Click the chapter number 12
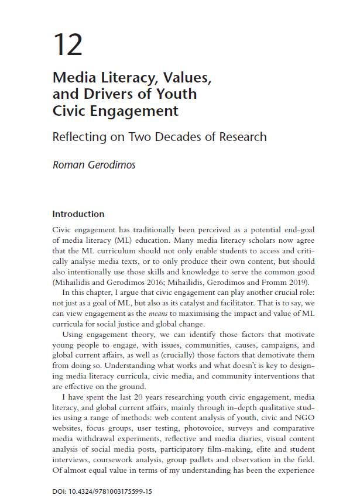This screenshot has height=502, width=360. [67, 44]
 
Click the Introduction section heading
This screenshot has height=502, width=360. [78, 214]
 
